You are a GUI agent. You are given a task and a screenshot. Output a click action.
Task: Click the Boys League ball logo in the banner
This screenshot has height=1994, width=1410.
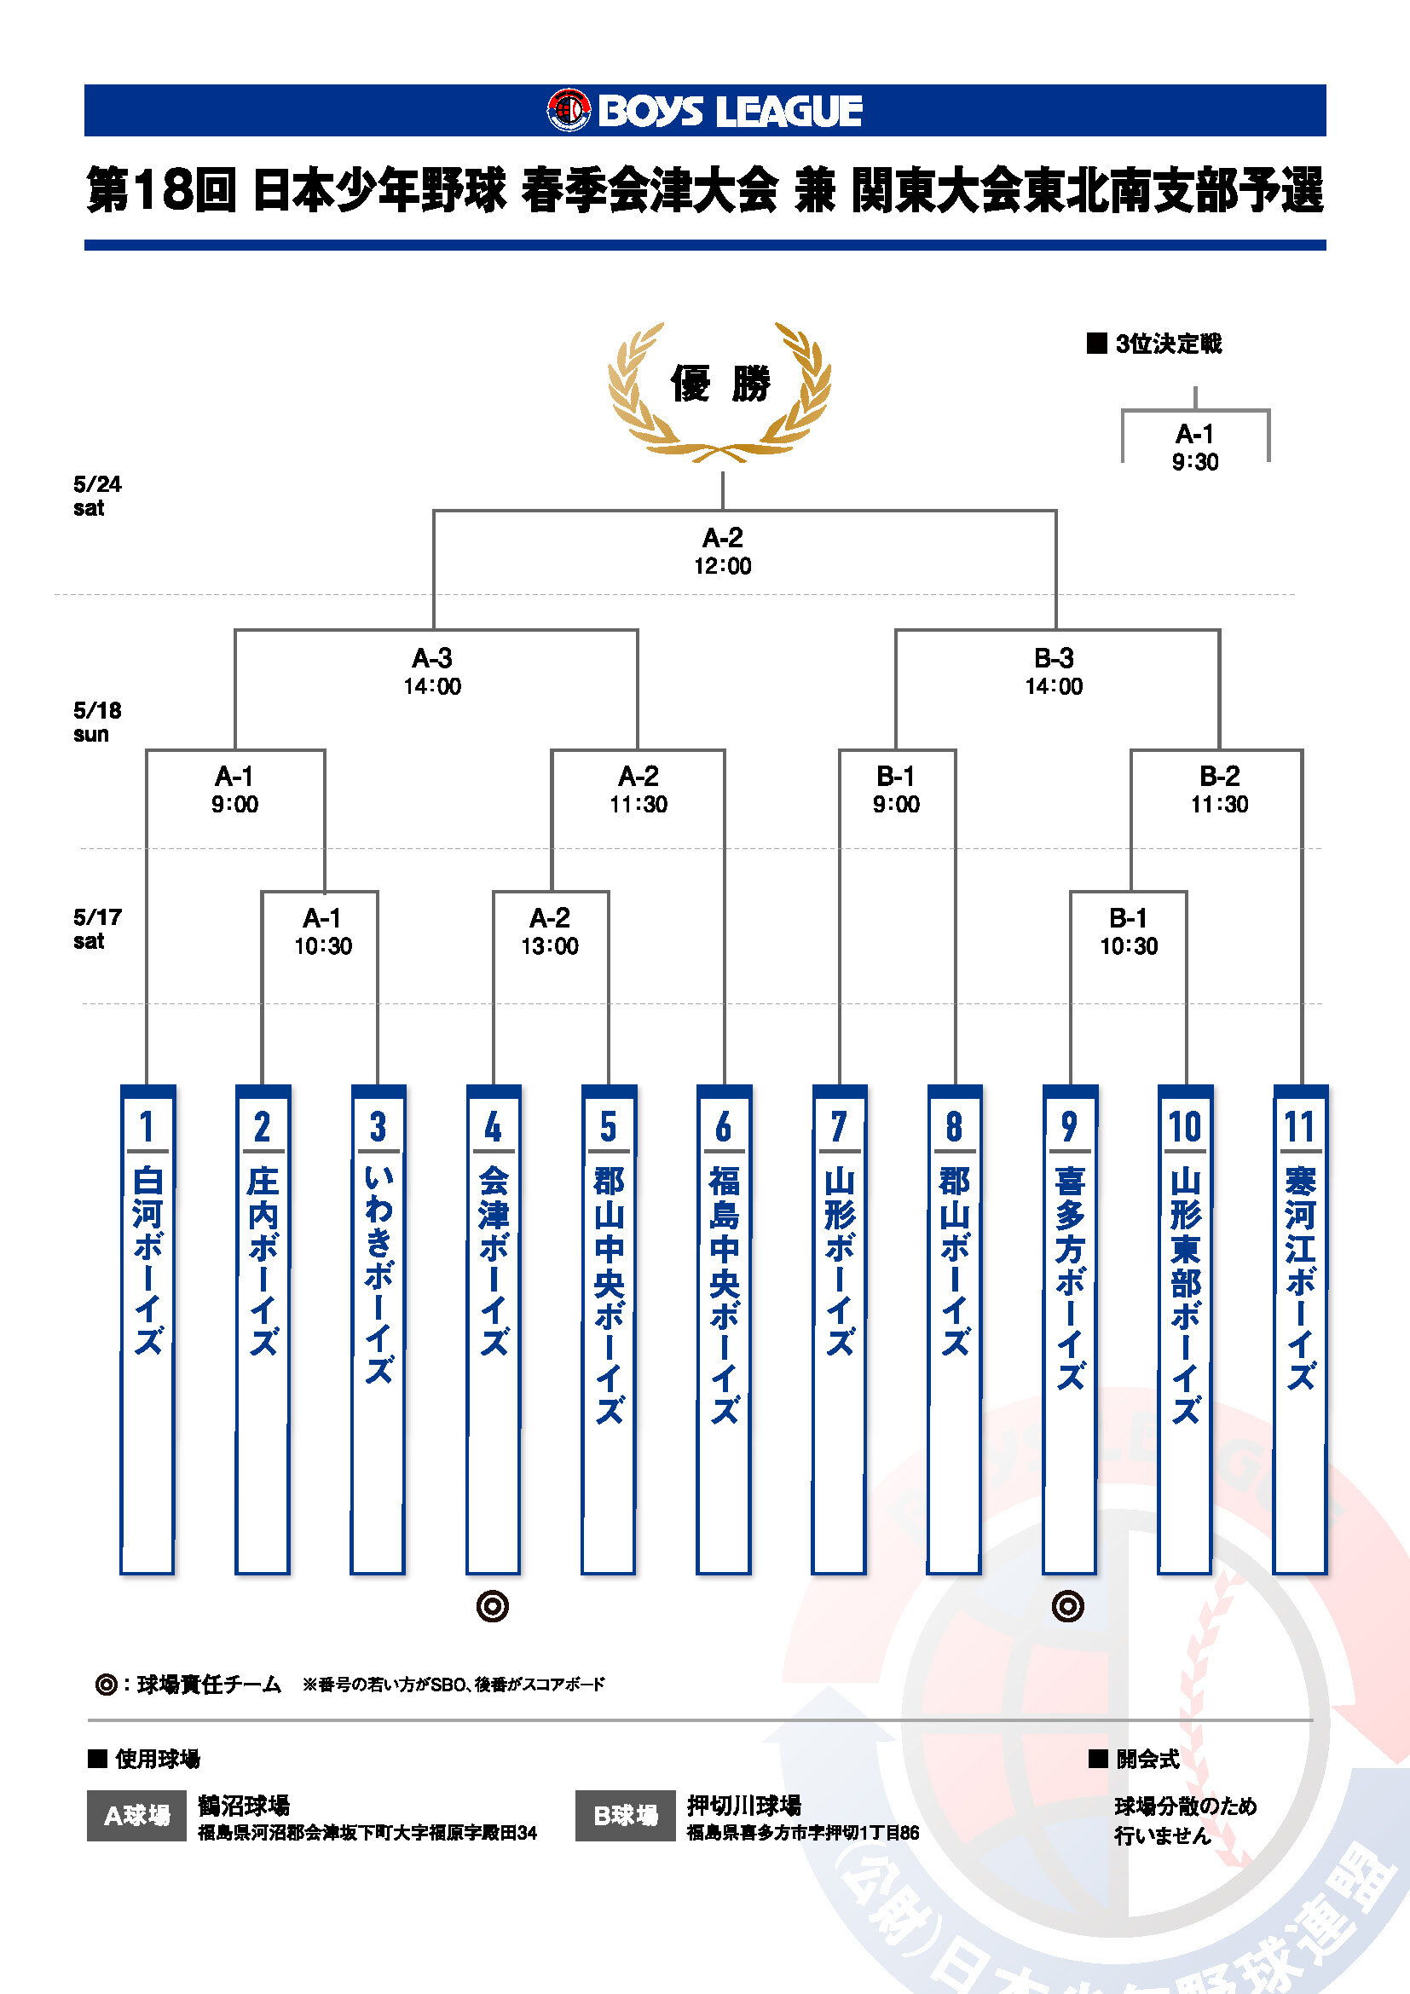click(569, 110)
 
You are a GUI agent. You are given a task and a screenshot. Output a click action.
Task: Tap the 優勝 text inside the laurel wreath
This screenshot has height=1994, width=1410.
click(719, 383)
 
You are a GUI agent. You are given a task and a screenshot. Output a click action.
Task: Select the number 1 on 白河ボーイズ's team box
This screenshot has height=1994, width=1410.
click(147, 1126)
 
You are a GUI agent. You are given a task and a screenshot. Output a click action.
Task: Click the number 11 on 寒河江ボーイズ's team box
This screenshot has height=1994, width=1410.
click(1300, 1126)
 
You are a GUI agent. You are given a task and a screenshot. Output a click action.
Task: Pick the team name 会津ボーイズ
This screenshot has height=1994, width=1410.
click(493, 1259)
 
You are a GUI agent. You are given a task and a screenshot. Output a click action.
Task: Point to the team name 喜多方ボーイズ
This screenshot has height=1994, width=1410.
click(1069, 1277)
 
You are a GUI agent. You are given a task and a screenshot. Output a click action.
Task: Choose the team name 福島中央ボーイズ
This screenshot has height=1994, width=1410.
click(724, 1294)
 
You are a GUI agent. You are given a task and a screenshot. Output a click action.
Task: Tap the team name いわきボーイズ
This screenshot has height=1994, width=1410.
click(378, 1273)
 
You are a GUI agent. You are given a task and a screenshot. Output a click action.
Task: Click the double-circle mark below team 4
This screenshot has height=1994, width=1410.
click(492, 1607)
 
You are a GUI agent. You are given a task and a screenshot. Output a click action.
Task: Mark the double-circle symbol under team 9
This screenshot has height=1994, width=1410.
click(1068, 1607)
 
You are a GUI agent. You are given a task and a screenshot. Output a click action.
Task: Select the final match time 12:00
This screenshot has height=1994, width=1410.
click(722, 566)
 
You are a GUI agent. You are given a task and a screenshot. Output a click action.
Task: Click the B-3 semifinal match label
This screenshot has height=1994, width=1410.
click(1054, 657)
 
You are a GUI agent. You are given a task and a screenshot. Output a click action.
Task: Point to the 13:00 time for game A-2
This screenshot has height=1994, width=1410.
click(550, 945)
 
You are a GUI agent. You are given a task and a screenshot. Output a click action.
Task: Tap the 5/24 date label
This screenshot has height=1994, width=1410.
click(97, 483)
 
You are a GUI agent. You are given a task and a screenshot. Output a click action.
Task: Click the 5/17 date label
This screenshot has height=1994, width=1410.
click(97, 917)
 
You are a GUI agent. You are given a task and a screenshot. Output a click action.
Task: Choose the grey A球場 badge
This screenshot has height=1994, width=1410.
click(136, 1815)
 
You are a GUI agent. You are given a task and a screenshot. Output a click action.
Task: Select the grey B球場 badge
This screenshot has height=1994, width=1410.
click(625, 1815)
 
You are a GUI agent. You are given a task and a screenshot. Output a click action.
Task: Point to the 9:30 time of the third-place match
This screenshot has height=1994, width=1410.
click(1195, 462)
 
